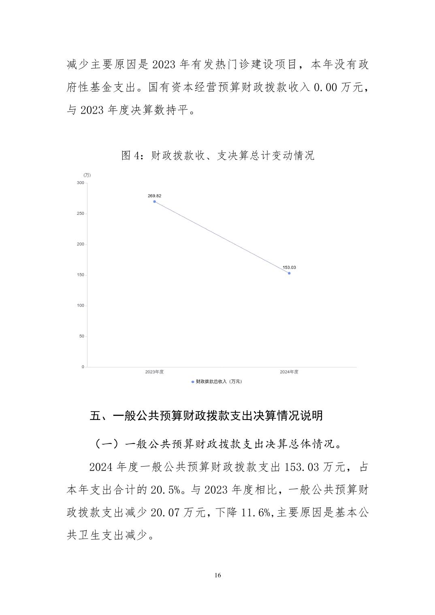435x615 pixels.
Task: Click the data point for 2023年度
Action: pyautogui.click(x=154, y=201)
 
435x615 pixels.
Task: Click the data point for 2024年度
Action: pyautogui.click(x=289, y=273)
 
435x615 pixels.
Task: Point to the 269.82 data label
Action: pyautogui.click(x=154, y=196)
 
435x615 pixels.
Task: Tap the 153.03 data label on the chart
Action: pyautogui.click(x=289, y=267)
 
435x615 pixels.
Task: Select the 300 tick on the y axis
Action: pyautogui.click(x=80, y=183)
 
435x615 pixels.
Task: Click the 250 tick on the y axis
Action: pyautogui.click(x=80, y=214)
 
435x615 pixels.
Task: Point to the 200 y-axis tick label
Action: pyautogui.click(x=80, y=244)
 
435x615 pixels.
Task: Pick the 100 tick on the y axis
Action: pyautogui.click(x=80, y=305)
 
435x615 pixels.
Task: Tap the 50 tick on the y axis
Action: pyautogui.click(x=81, y=336)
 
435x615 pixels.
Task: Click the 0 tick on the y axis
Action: pyautogui.click(x=83, y=367)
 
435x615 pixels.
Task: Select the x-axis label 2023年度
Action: pyautogui.click(x=154, y=372)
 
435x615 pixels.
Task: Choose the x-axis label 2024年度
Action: pyautogui.click(x=289, y=372)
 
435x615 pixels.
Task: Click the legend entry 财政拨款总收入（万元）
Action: pyautogui.click(x=217, y=382)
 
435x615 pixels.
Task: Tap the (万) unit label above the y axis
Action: pyautogui.click(x=87, y=175)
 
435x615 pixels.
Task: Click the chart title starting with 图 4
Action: pyautogui.click(x=218, y=156)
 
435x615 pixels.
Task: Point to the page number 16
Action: pyautogui.click(x=218, y=575)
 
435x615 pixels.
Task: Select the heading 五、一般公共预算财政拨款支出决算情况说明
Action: pyautogui.click(x=206, y=416)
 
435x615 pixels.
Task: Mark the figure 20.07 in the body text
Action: pyautogui.click(x=165, y=513)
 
